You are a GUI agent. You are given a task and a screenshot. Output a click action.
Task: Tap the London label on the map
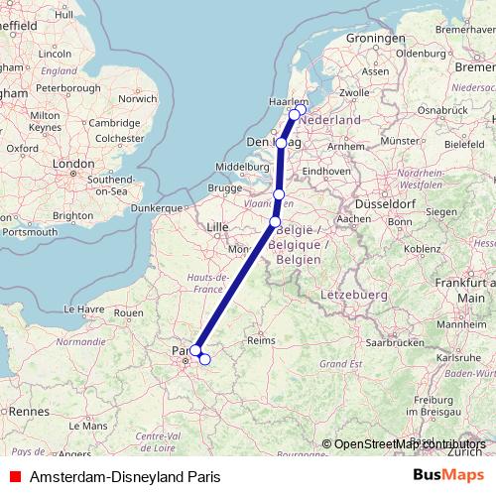tap(72, 164)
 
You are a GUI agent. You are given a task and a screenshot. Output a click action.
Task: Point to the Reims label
tap(260, 339)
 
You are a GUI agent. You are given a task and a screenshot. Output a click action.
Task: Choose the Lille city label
tap(217, 227)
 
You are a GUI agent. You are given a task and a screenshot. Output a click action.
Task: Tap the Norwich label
tap(137, 99)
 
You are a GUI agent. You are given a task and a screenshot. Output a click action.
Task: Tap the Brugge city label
tap(224, 187)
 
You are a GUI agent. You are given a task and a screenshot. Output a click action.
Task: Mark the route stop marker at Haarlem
tap(294, 114)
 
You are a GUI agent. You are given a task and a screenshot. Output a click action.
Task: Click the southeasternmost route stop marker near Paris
tap(204, 359)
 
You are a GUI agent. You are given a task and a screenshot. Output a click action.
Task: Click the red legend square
tap(13, 475)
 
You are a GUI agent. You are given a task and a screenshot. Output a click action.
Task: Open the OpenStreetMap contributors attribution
tap(409, 444)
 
